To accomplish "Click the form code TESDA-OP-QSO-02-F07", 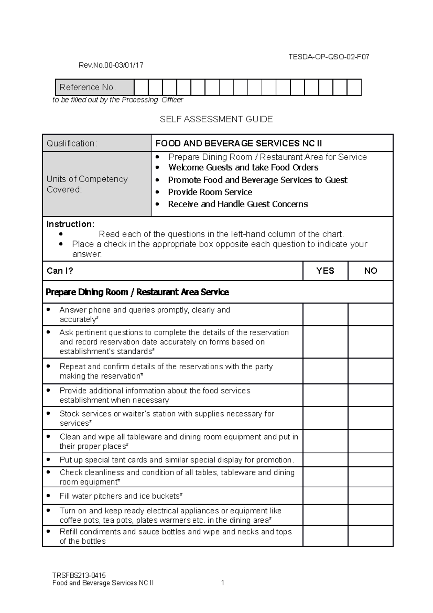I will click(x=328, y=57).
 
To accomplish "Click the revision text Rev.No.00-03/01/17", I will click(x=111, y=65).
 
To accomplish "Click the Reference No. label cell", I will click(x=95, y=87).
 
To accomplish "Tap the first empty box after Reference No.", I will click(x=141, y=87).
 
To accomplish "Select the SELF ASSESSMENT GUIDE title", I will click(x=216, y=119).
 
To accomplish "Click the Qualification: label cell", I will click(x=97, y=143).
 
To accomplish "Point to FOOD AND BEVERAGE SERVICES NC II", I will click(x=239, y=143).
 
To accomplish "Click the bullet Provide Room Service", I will click(x=210, y=192).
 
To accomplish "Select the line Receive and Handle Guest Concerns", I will click(x=238, y=204).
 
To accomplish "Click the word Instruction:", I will click(x=70, y=224).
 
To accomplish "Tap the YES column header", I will click(x=325, y=271).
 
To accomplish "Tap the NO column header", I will click(x=371, y=271).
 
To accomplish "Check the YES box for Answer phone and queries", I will click(x=325, y=314).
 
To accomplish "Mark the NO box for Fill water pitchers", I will click(x=371, y=496).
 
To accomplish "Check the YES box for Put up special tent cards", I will click(x=325, y=460).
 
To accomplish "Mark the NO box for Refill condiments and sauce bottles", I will click(x=371, y=536).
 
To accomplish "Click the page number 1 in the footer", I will click(x=223, y=583).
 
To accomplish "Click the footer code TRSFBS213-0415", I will click(x=79, y=575).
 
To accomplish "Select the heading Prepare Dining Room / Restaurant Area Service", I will click(x=137, y=292).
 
